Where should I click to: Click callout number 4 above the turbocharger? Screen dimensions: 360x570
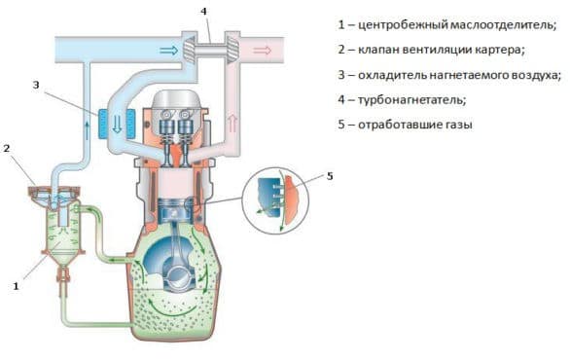pos(203,12)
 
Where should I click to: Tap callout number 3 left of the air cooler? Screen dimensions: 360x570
pos(35,85)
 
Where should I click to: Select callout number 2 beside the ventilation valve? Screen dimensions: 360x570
pos(7,148)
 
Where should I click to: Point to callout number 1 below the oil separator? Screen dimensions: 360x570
pos(15,286)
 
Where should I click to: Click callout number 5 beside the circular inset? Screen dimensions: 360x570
pos(329,176)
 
